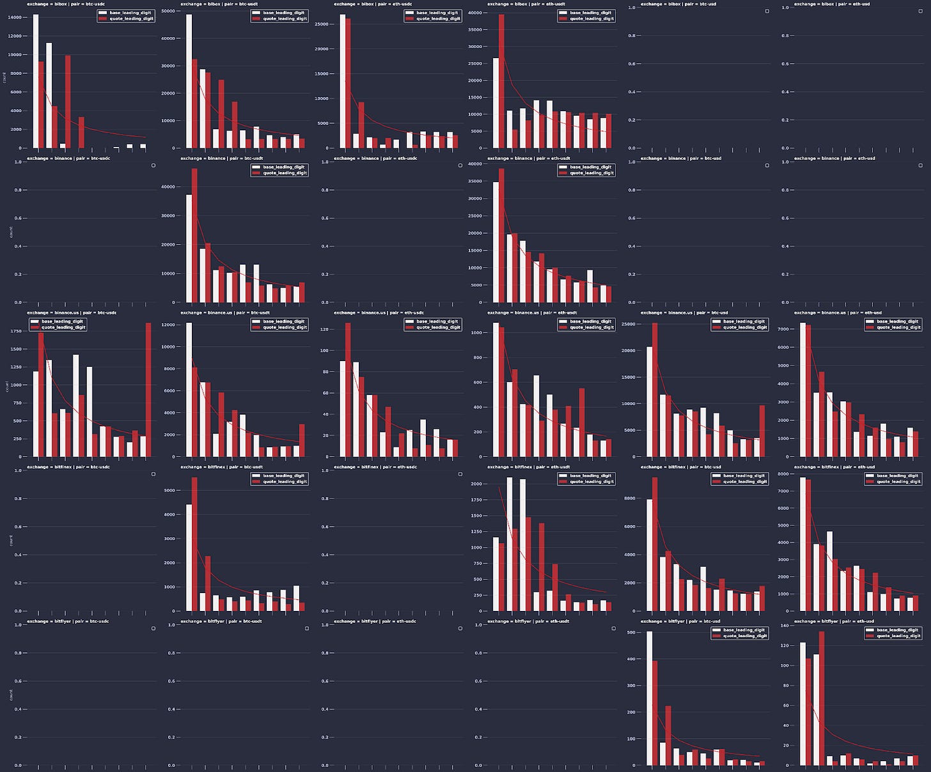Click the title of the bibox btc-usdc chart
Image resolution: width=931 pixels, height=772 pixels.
point(66,4)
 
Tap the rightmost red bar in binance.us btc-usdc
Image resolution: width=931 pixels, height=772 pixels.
point(148,390)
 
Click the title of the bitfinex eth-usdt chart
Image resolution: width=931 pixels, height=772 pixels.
point(526,467)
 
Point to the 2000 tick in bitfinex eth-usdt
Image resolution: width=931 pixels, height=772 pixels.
point(476,484)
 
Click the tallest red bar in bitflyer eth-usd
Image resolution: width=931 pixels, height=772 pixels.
point(822,698)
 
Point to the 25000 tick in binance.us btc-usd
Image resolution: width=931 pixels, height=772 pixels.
point(629,324)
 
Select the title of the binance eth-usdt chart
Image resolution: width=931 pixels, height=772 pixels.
point(526,158)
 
